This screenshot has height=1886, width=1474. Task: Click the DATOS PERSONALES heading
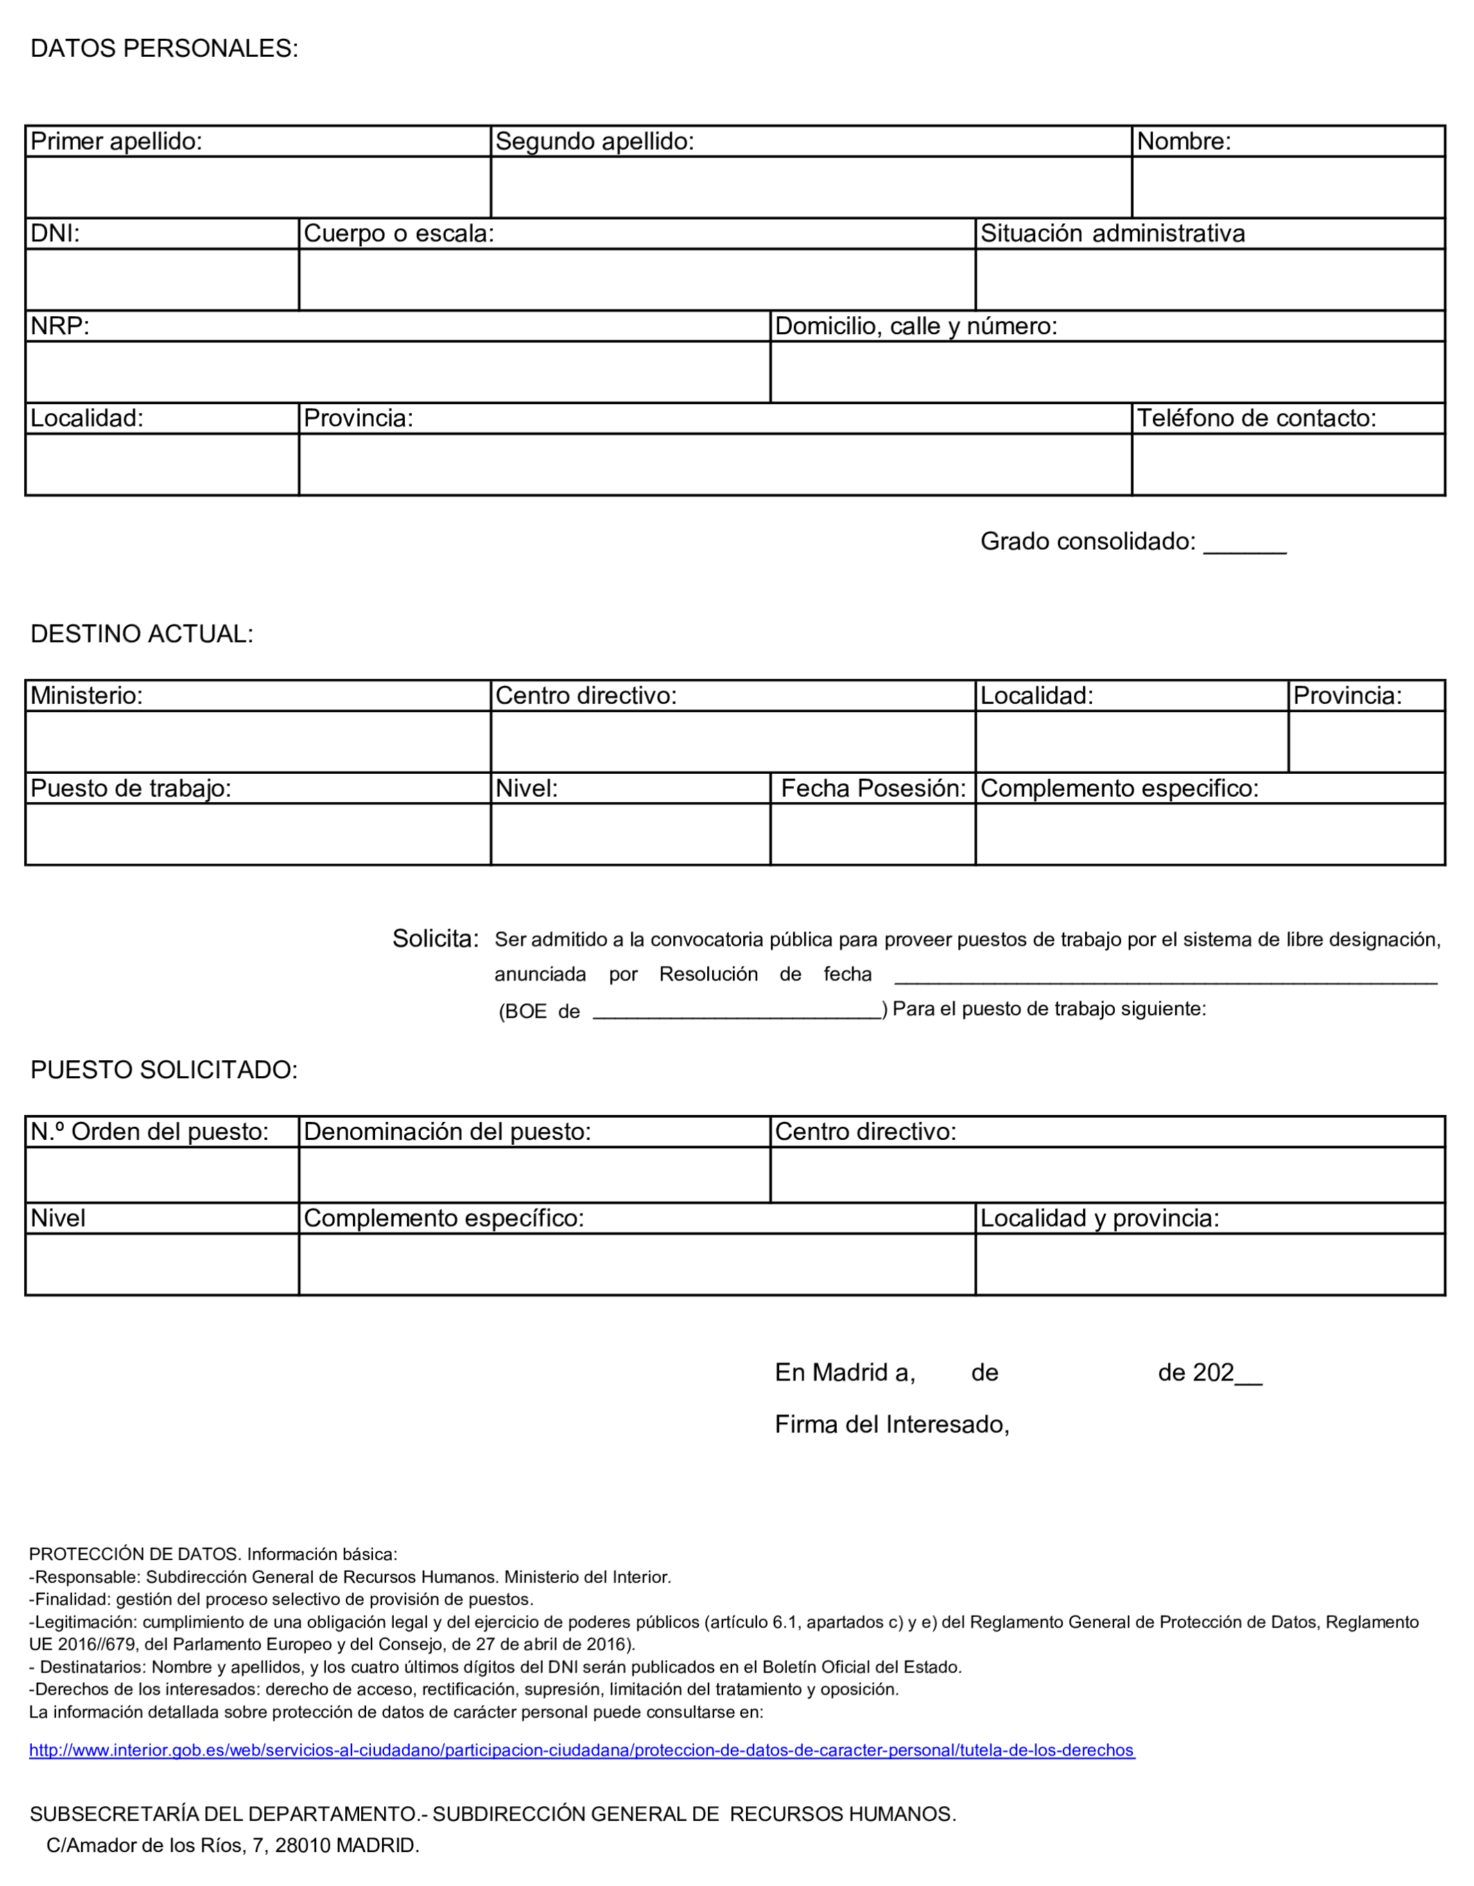164,49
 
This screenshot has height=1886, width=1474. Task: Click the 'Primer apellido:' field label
116,141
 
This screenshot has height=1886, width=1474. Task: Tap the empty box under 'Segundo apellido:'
810,187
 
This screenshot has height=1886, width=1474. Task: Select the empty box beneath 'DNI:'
162,280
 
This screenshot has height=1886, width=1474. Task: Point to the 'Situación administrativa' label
1112,234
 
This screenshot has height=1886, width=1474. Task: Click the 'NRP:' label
60,327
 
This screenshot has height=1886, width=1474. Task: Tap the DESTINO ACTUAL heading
141,634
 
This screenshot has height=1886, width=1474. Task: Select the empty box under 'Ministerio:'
258,742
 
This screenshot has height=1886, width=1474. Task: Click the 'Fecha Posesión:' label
873,788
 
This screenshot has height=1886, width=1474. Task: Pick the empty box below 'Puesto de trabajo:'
258,834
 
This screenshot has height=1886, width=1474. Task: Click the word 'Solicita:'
435,939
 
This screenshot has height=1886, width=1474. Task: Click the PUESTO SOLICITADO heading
164,1070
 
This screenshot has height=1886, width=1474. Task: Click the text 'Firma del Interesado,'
892,1424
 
